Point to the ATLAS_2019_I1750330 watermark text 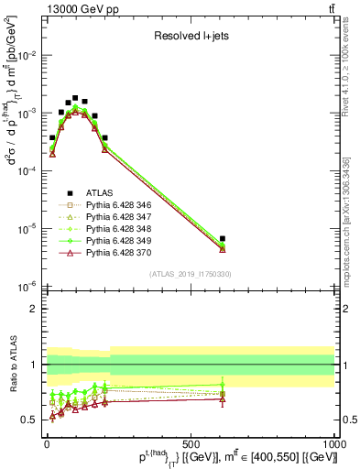tap(191, 273)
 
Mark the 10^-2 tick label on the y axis tap(29, 56)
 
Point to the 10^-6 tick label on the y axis tap(29, 287)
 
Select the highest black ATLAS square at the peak tap(75, 97)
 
